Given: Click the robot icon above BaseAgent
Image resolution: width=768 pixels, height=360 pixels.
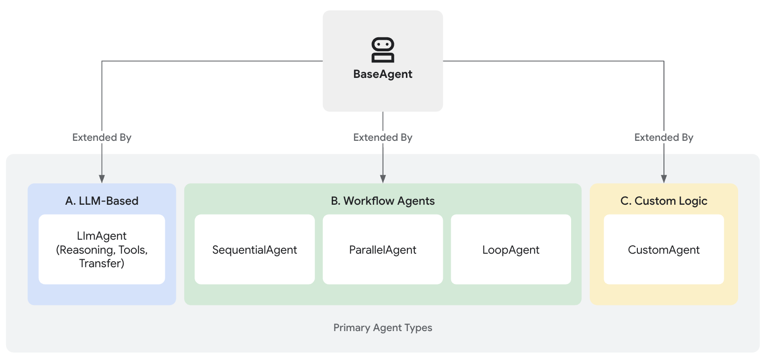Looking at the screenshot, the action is [x=383, y=50].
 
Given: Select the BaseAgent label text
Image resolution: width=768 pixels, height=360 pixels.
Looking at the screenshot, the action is [x=383, y=74].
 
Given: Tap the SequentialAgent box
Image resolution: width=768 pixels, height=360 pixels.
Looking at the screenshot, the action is [x=254, y=249].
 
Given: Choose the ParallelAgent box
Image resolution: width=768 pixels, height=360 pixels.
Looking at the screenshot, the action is [x=383, y=249].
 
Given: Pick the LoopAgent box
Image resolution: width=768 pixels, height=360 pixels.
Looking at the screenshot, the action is [x=511, y=249].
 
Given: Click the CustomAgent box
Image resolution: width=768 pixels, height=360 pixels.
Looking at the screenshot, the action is [x=664, y=249].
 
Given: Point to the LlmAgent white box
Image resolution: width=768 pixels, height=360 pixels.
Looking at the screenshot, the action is [x=102, y=249].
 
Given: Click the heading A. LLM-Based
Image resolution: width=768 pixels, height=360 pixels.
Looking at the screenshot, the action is [x=102, y=201].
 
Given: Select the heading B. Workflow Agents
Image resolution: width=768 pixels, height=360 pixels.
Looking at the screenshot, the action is [x=383, y=201].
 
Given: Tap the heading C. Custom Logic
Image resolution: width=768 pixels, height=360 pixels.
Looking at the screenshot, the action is [x=664, y=201].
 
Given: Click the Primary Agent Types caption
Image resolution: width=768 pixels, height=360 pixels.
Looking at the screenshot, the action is [x=383, y=328].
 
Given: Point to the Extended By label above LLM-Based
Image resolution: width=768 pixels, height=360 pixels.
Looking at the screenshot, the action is [x=102, y=138].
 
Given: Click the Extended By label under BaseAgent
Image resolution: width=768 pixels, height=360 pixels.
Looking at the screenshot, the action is [x=383, y=138].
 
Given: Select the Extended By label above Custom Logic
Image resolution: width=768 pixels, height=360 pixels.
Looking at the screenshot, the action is [x=664, y=138].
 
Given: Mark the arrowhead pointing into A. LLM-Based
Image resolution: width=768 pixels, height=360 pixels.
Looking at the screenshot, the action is [x=102, y=179].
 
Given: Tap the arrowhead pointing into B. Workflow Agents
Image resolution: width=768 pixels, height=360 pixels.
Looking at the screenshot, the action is [x=383, y=179].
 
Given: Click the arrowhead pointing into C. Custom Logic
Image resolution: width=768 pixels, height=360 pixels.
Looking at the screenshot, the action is [x=664, y=179].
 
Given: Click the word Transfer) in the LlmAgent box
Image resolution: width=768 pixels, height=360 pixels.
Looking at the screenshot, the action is [x=102, y=263].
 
